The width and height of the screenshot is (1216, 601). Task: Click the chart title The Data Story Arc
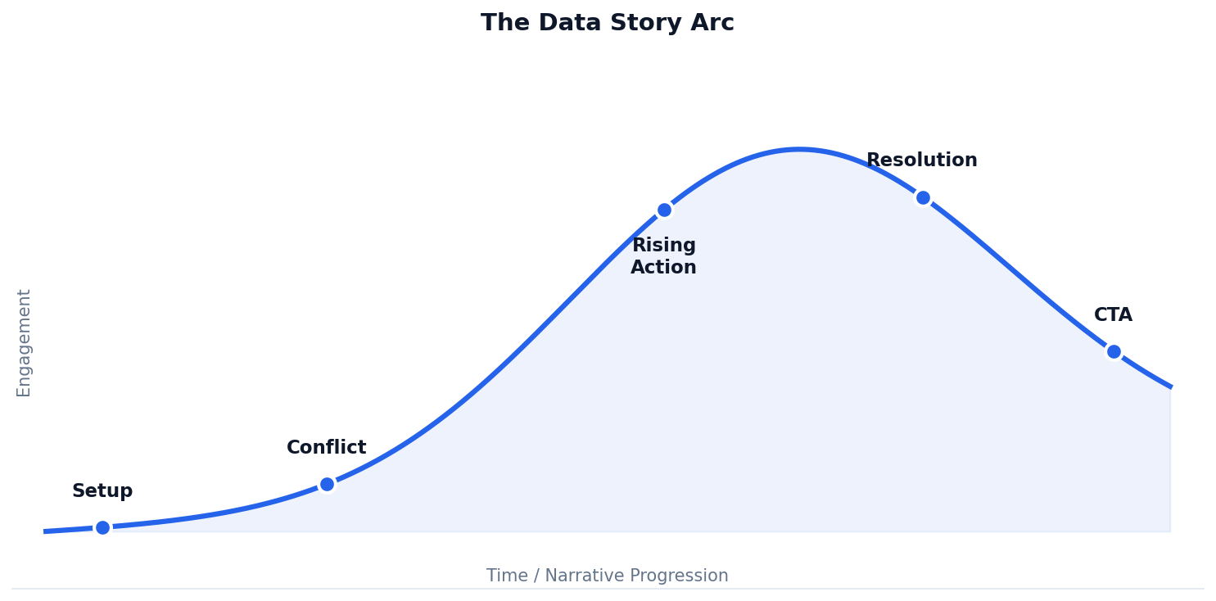click(x=607, y=23)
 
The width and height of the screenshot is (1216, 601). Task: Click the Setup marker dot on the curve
click(x=102, y=527)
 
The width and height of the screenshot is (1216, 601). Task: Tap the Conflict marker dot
click(x=327, y=484)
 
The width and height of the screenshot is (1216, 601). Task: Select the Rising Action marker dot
click(x=664, y=210)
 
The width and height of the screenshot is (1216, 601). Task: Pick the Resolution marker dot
click(x=923, y=197)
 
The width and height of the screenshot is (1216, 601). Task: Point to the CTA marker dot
click(x=1114, y=351)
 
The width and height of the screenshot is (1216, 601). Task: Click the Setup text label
click(x=102, y=491)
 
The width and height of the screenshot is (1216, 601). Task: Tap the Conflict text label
click(x=326, y=448)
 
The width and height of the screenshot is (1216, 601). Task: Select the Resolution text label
click(x=921, y=160)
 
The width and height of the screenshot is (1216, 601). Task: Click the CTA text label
click(x=1113, y=315)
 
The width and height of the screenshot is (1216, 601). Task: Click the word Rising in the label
click(x=663, y=246)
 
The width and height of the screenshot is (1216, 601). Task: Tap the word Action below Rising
click(x=663, y=268)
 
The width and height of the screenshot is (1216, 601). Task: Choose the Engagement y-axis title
click(x=25, y=342)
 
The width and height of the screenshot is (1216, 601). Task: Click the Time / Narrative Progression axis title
click(x=607, y=576)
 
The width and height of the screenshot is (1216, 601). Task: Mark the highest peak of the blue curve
click(x=799, y=150)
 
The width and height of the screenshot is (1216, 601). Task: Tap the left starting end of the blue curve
click(x=46, y=531)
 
